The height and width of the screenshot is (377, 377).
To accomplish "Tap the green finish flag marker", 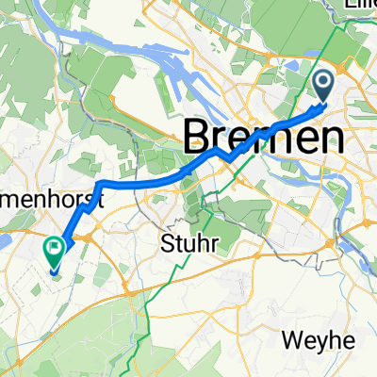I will coord(54,253).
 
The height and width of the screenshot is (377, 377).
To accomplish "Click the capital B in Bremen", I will coord(196,138).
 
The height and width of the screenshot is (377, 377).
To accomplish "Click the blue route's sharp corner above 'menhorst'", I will coord(102,182).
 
